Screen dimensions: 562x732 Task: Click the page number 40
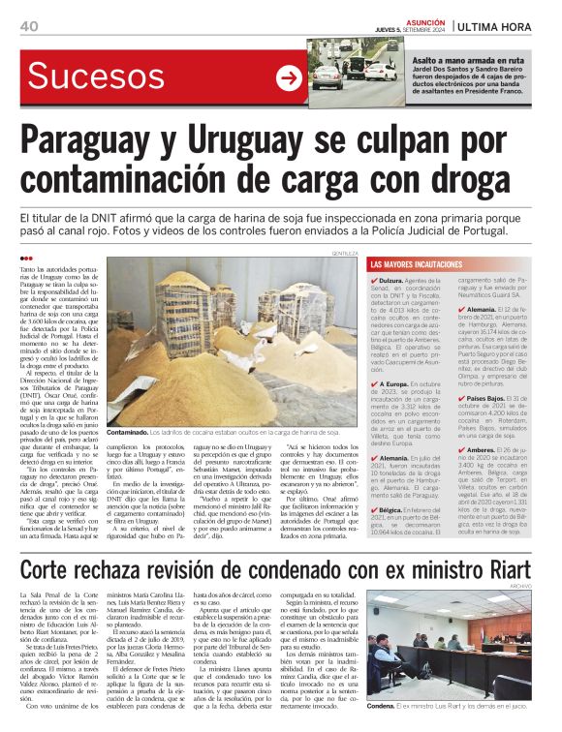coord(28,26)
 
